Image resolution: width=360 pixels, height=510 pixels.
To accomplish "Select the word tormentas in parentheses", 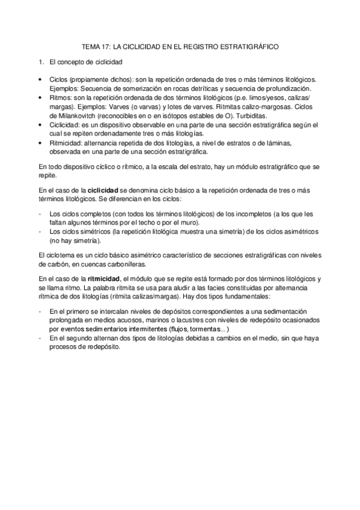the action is point(206,330).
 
